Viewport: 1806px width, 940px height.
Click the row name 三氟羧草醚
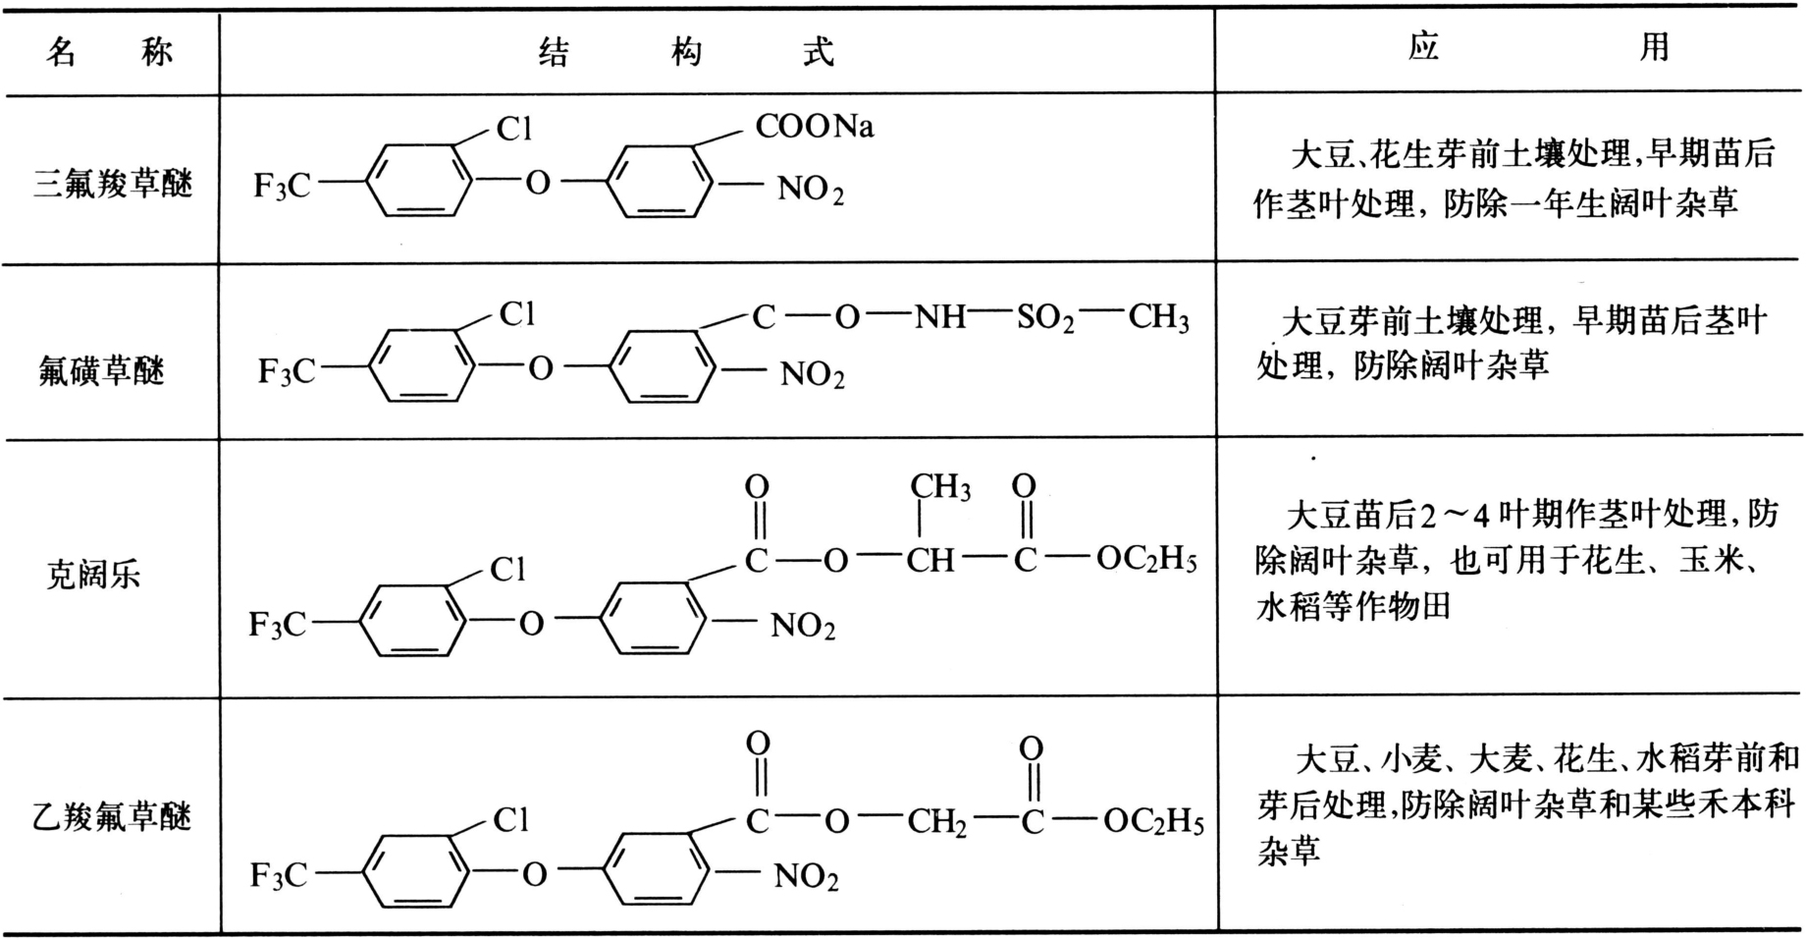pyautogui.click(x=113, y=184)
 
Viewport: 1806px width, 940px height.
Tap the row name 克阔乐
pyautogui.click(x=93, y=574)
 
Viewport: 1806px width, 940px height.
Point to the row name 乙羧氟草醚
pyautogui.click(x=112, y=817)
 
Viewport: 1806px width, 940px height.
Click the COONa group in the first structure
pyautogui.click(x=814, y=127)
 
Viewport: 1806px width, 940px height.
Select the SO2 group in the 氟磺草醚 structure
pyautogui.click(x=1044, y=317)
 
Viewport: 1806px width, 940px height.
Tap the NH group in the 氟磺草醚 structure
pyautogui.click(x=939, y=316)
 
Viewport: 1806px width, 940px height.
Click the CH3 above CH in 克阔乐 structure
pyautogui.click(x=939, y=487)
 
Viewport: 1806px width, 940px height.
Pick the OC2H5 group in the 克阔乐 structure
pyautogui.click(x=1146, y=560)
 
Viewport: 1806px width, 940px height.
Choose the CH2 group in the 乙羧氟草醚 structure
pyautogui.click(x=936, y=821)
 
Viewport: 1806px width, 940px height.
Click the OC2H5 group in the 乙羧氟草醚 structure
pyautogui.click(x=1153, y=821)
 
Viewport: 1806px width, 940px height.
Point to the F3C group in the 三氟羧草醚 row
pyautogui.click(x=282, y=185)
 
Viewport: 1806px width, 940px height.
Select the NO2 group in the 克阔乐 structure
pyautogui.click(x=803, y=626)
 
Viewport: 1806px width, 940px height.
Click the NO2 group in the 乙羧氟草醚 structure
pyautogui.click(x=806, y=876)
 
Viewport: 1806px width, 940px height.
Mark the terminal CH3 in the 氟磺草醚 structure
pyautogui.click(x=1158, y=317)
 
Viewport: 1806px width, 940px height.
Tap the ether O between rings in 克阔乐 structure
pyautogui.click(x=531, y=623)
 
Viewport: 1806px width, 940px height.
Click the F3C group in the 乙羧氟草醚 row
pyautogui.click(x=279, y=875)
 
